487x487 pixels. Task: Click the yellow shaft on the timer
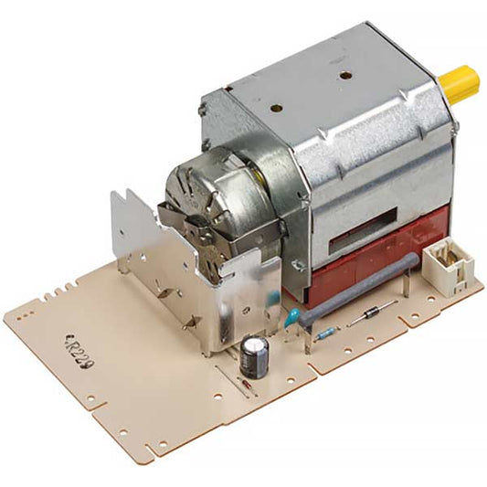coord(459,83)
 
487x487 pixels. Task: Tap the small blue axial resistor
coord(324,334)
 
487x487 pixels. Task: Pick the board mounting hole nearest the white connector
coord(468,284)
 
